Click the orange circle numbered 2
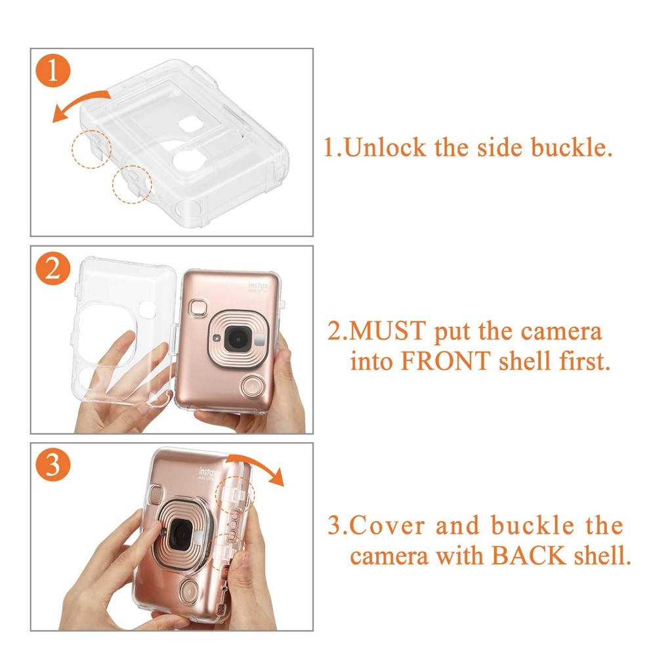pos(53,268)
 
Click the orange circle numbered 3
pos(53,465)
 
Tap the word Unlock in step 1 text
pos(385,148)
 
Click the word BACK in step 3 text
pos(529,556)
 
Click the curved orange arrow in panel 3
pos(259,466)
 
